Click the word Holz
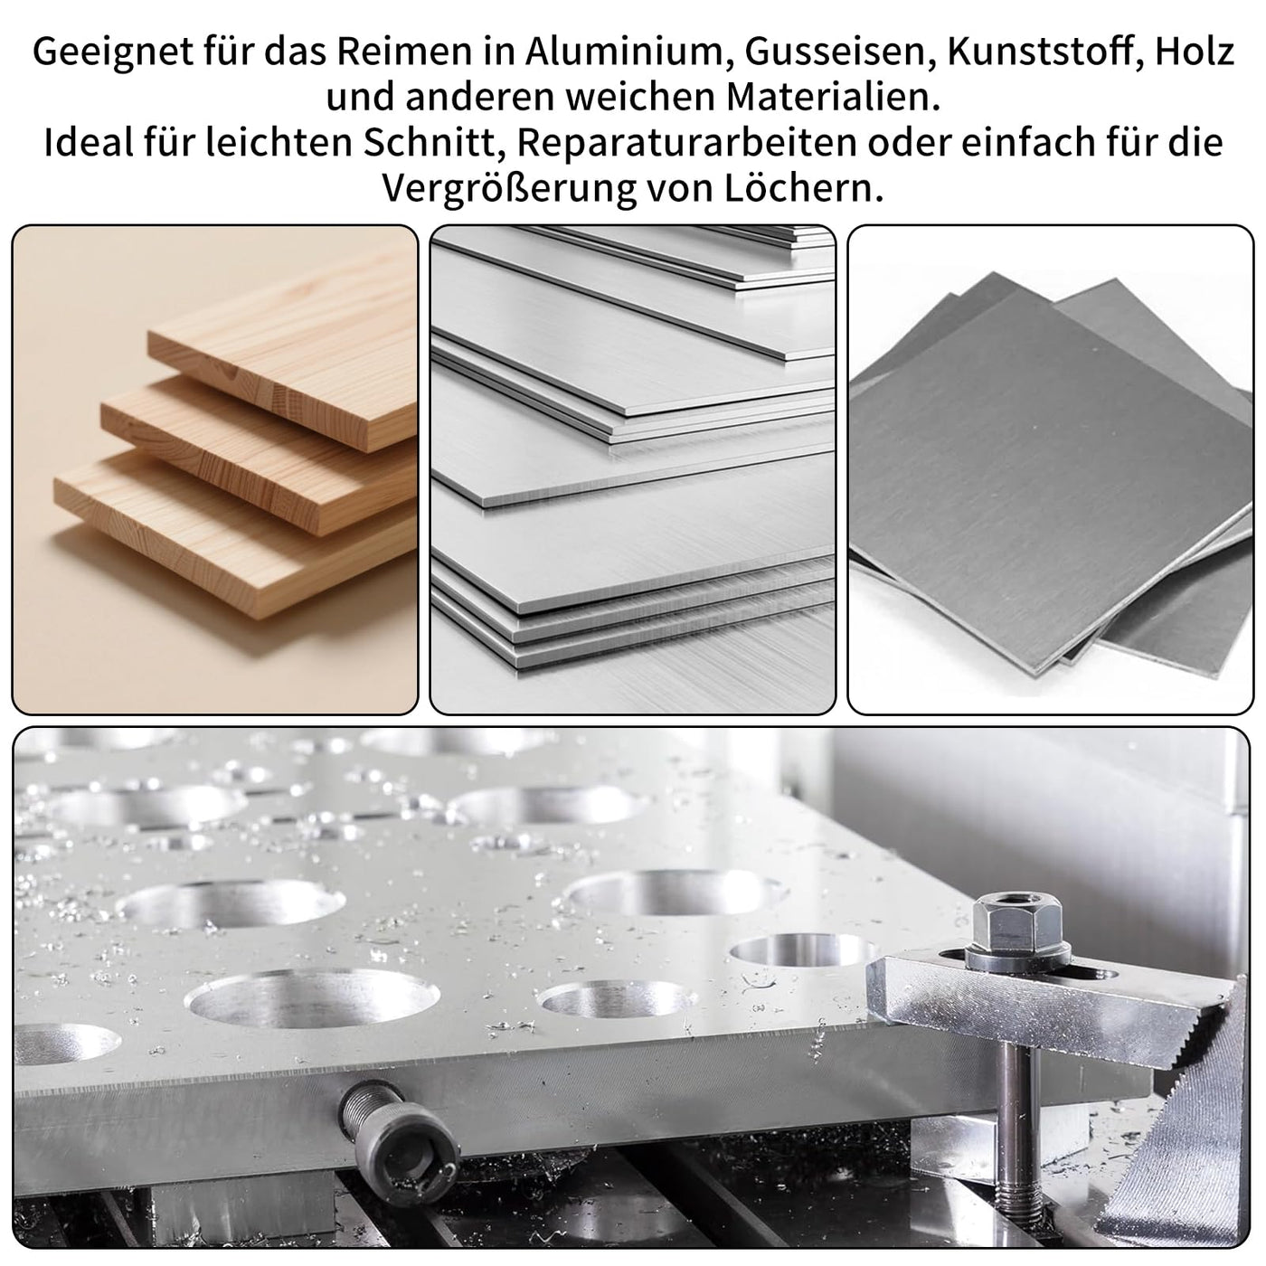click(1194, 52)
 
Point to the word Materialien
click(832, 98)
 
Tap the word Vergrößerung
click(508, 189)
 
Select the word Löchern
click(804, 188)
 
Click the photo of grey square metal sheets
click(1051, 469)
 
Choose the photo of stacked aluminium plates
click(633, 469)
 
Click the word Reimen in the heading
click(402, 52)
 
